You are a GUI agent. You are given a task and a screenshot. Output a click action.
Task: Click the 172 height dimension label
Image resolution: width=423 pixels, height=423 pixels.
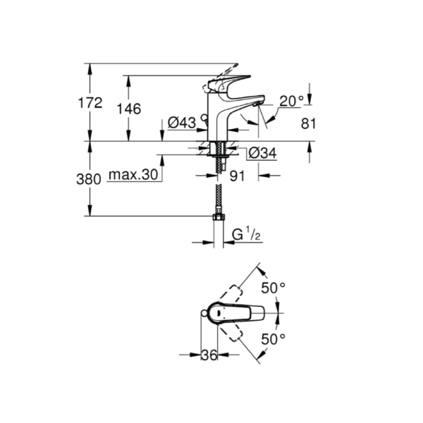click(x=90, y=103)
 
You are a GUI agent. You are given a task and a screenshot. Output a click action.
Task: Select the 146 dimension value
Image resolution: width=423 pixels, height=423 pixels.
click(x=129, y=109)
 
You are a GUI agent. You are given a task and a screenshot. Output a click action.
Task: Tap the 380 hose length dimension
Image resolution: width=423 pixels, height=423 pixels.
click(x=89, y=179)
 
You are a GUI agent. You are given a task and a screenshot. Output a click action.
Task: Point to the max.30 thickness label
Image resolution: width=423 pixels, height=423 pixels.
click(x=133, y=175)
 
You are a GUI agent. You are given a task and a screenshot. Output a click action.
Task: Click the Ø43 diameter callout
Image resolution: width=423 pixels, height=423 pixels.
click(x=182, y=123)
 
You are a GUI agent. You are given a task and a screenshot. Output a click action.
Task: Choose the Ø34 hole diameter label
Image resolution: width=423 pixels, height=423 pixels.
click(x=262, y=153)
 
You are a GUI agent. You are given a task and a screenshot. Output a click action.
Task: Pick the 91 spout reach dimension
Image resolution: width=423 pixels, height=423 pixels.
click(x=237, y=176)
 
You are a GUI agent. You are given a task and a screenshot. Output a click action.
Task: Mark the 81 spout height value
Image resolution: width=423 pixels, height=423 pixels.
click(x=308, y=124)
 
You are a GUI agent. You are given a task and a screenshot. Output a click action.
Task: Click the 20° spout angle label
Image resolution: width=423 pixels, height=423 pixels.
click(x=292, y=102)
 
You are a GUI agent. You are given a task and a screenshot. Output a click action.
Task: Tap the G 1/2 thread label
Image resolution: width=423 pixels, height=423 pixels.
click(x=246, y=235)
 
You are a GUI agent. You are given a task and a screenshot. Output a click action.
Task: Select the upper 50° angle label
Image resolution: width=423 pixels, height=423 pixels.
click(x=273, y=288)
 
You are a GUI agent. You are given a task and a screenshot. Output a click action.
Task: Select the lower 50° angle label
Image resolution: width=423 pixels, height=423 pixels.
click(x=273, y=339)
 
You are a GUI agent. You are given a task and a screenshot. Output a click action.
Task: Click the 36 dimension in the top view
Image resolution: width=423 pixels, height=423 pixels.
click(x=209, y=355)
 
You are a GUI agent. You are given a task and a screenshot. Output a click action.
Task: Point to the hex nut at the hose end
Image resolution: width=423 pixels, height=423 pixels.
click(x=219, y=217)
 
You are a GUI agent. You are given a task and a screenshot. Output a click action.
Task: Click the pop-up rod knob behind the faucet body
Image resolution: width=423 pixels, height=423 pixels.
click(x=204, y=117)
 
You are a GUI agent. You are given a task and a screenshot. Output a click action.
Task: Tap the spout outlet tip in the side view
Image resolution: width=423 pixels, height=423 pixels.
click(x=257, y=104)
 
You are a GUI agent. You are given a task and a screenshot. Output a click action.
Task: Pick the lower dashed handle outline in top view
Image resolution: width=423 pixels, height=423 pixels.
click(x=230, y=331)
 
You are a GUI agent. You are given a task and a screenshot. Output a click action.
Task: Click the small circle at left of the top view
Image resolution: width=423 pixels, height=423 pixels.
click(x=204, y=313)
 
